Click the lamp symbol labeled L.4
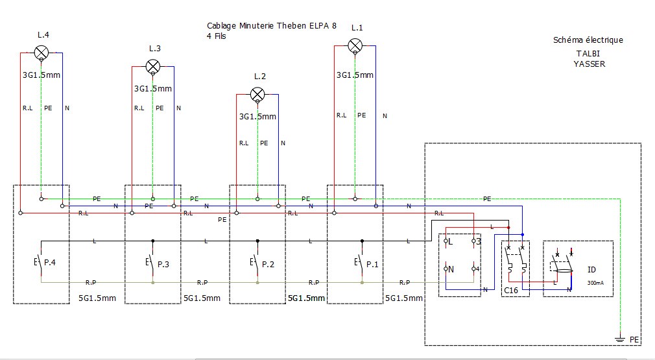point(42,53)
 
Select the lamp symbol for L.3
point(153,66)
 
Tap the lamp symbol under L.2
point(257,95)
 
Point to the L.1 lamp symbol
point(355,45)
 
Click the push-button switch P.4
point(40,262)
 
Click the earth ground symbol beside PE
point(621,339)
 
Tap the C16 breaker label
point(511,290)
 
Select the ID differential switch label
point(591,270)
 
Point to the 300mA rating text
point(595,283)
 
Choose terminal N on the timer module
point(449,269)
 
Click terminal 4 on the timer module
point(476,269)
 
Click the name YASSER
point(589,64)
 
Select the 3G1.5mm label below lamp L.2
point(257,117)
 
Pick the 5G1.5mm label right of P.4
point(97,298)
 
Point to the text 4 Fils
point(217,36)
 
